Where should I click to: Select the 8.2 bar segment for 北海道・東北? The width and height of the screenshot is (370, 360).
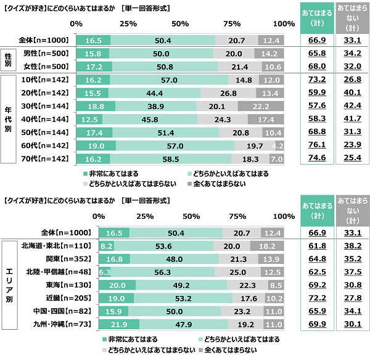(x=105, y=245)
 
